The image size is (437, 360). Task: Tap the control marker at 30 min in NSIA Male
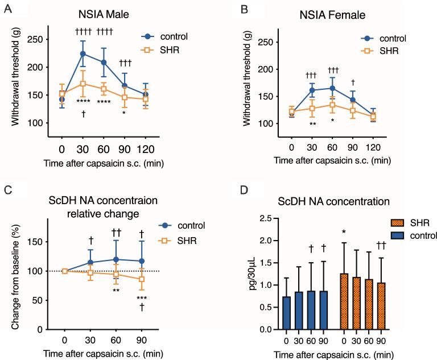(83, 54)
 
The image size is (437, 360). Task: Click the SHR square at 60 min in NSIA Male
(104, 89)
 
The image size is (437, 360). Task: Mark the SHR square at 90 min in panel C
(128, 279)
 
